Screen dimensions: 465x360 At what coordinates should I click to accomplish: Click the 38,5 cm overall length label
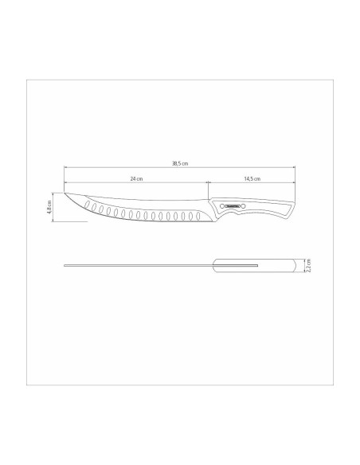(179, 164)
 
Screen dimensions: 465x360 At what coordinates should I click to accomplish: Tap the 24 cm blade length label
(137, 180)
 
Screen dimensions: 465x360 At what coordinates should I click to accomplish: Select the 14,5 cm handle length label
(253, 180)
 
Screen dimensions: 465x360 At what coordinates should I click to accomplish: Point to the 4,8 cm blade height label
(50, 209)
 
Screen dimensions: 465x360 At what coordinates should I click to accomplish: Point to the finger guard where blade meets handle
(211, 211)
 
